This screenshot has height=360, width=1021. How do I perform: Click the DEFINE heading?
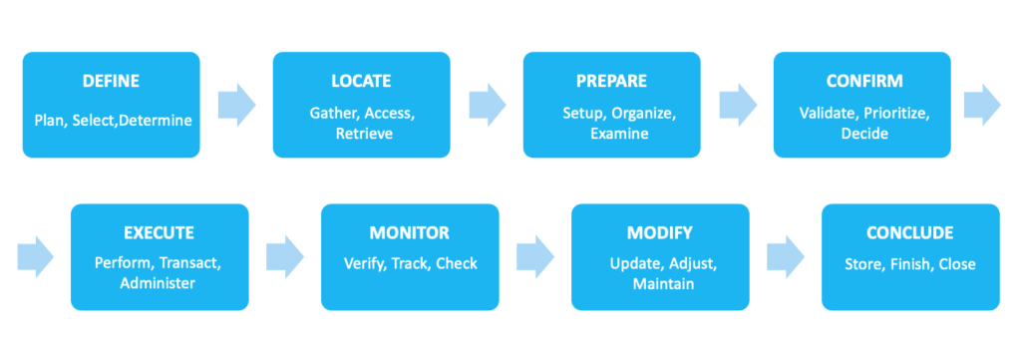[x=111, y=81]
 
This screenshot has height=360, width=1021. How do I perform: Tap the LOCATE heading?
[x=361, y=81]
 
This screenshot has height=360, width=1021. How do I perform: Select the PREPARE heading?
[x=611, y=81]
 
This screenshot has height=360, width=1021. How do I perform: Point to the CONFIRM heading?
[x=863, y=81]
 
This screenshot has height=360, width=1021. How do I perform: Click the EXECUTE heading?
[x=159, y=233]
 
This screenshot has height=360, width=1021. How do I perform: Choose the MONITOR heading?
[x=410, y=233]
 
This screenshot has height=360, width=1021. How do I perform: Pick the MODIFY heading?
[x=660, y=233]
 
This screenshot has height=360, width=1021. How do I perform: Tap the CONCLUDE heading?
[x=909, y=233]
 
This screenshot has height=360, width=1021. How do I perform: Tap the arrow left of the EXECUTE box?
[x=36, y=256]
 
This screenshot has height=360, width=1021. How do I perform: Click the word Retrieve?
[x=361, y=133]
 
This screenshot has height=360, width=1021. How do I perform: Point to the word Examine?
[x=611, y=133]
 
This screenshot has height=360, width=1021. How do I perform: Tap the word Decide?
[x=863, y=133]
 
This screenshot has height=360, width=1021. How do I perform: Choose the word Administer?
[x=159, y=284]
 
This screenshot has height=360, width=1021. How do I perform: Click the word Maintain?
[x=660, y=284]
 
